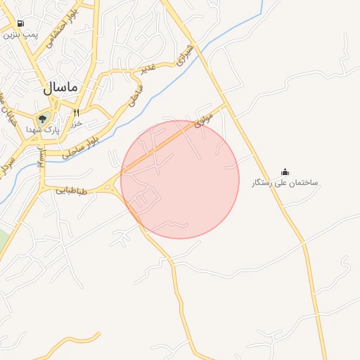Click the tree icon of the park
(42, 119)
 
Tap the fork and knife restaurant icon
(76, 112)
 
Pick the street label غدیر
(148, 68)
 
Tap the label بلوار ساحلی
(79, 146)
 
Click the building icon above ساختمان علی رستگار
(285, 172)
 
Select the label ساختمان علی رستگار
(285, 183)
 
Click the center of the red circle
(180, 179)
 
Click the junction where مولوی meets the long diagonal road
(225, 105)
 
